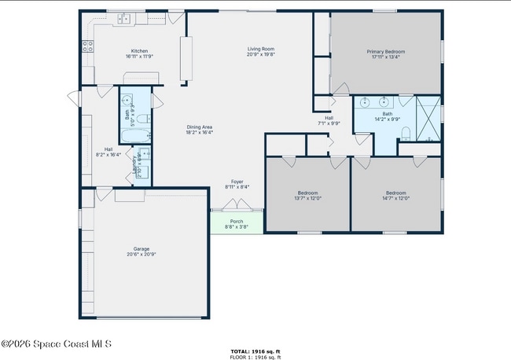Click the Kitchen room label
[139, 50]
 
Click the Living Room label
[260, 50]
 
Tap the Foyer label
[237, 182]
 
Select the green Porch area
[237, 222]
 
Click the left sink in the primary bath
[366, 103]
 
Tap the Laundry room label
[138, 165]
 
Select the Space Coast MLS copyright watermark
[57, 343]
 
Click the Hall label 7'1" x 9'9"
[329, 120]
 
